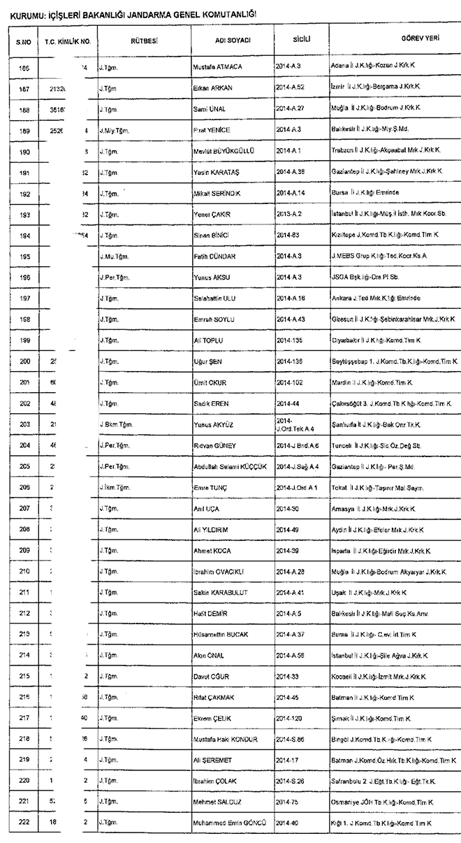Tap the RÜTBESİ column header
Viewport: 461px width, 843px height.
coord(144,41)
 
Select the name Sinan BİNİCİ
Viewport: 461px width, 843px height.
coord(209,236)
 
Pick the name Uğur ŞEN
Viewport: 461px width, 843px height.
coord(207,362)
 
